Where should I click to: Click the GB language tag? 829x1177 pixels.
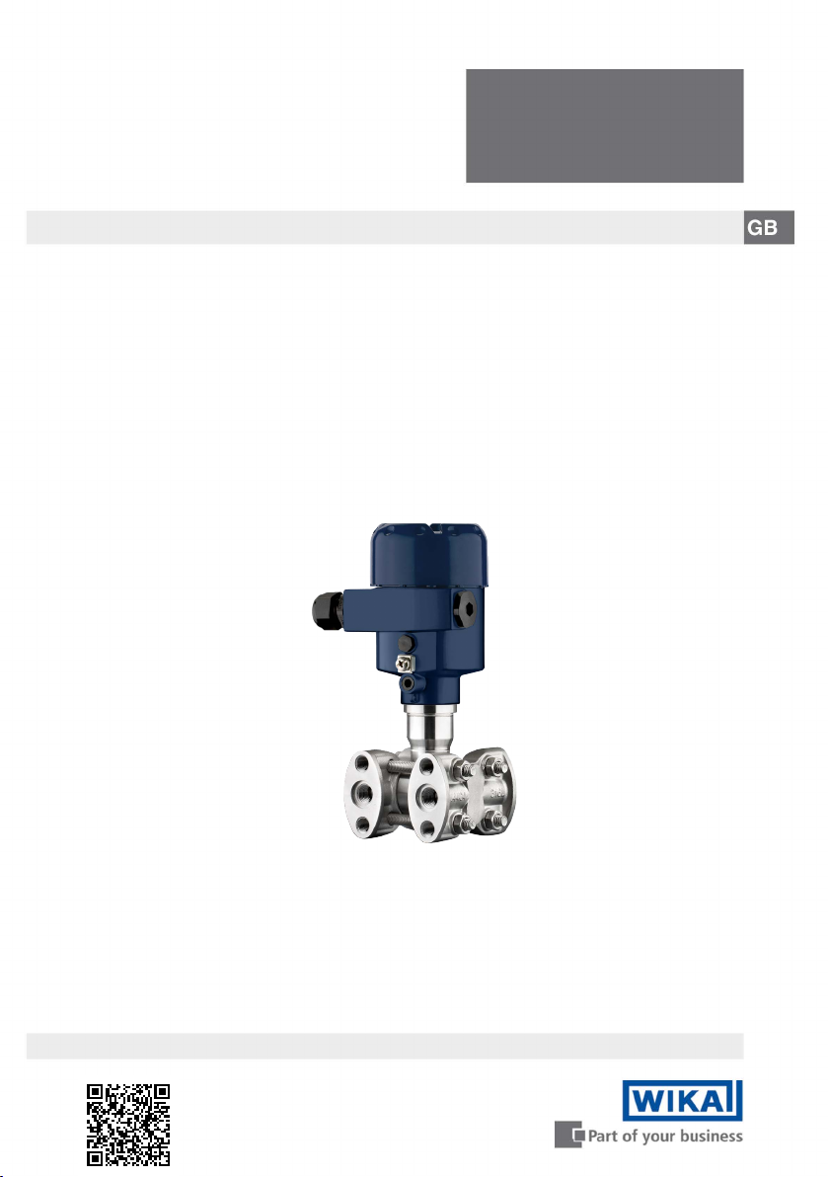pos(769,227)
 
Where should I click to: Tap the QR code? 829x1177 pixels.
pos(128,1125)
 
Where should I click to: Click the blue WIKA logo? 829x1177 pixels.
pos(682,1100)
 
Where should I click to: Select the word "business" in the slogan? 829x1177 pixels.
pos(712,1136)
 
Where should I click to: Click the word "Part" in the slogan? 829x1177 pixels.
pos(603,1137)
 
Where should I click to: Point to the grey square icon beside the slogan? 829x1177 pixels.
pos(569,1135)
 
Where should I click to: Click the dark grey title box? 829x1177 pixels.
pos(605,126)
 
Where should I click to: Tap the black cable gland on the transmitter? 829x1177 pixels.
pos(328,609)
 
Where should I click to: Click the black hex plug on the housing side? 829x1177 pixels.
pos(465,608)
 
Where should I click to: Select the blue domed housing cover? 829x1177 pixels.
pos(429,556)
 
